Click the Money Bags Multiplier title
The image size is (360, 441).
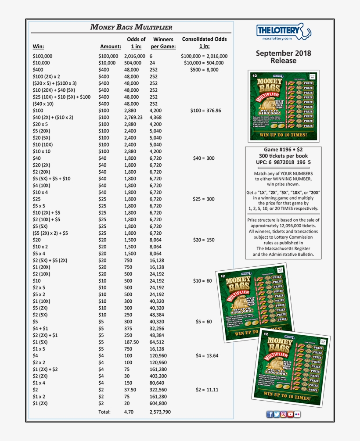click(x=131, y=27)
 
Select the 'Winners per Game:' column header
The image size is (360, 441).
click(x=163, y=43)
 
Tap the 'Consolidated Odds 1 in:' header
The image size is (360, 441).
click(x=204, y=43)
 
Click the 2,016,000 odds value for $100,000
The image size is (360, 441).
click(x=134, y=56)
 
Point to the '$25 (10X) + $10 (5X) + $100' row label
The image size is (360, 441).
click(x=61, y=97)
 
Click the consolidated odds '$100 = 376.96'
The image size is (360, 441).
click(x=205, y=111)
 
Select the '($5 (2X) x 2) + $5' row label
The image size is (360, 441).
click(x=50, y=233)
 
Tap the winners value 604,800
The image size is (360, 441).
click(x=158, y=403)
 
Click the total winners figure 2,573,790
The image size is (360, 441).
click(x=160, y=412)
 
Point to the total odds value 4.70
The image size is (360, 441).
click(x=128, y=412)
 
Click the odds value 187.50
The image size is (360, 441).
click(x=131, y=342)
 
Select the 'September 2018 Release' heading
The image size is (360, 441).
click(x=283, y=57)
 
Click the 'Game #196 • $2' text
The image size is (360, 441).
click(x=283, y=150)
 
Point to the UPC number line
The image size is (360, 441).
click(x=283, y=162)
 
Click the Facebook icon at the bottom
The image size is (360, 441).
click(x=270, y=414)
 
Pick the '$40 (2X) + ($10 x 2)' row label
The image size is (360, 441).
click(x=53, y=118)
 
